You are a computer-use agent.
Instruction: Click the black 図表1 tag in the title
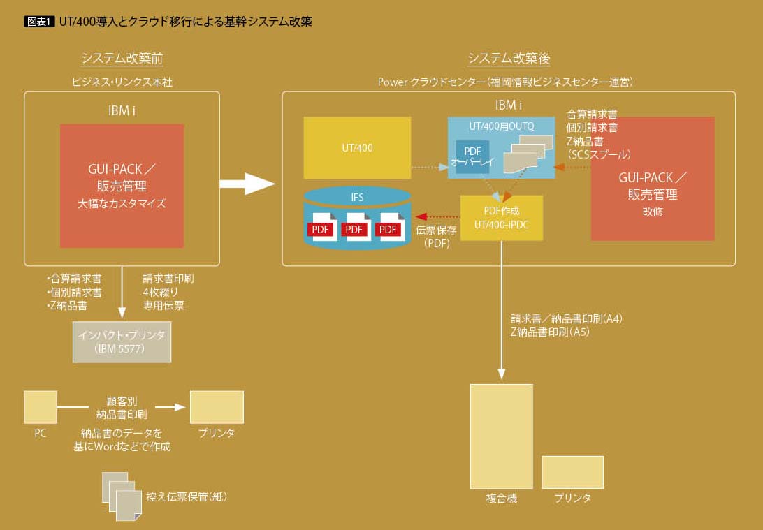coord(39,22)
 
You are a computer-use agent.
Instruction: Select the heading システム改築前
coord(122,59)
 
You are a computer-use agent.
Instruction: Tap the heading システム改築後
coord(508,59)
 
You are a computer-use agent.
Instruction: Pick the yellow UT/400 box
coord(357,148)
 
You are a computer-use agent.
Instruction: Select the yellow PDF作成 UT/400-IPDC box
coord(501,218)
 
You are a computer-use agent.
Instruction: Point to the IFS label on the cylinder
coord(357,198)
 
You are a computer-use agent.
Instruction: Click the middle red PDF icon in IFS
coord(355,228)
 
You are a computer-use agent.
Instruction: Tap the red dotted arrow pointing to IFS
coord(436,217)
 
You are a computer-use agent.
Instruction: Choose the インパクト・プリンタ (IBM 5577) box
coord(122,341)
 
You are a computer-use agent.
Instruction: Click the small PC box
coord(40,407)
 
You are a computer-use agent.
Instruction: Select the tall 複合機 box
coord(501,436)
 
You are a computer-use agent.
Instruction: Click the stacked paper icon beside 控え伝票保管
coord(122,496)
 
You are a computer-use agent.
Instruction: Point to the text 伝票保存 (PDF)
coord(435,236)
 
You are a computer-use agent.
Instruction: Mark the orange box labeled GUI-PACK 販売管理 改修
coord(653,179)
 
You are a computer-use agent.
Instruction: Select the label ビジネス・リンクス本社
coord(122,82)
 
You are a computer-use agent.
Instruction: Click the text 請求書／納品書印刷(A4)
coord(567,318)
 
